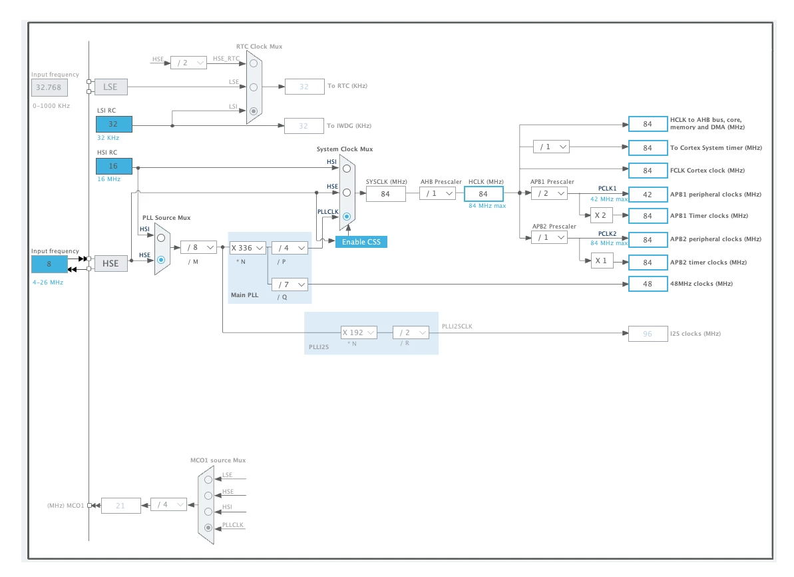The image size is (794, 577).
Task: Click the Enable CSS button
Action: [x=361, y=242]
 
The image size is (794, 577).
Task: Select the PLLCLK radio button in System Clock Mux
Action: [x=347, y=217]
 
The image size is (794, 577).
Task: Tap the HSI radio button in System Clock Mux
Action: [x=347, y=169]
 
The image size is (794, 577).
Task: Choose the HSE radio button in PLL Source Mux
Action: [x=161, y=260]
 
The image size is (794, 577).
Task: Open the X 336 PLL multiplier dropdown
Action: [x=247, y=248]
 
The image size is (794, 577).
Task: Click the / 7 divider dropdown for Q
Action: [x=290, y=285]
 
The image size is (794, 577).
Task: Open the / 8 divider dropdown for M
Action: [x=198, y=247]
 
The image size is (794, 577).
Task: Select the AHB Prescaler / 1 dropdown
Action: [x=437, y=194]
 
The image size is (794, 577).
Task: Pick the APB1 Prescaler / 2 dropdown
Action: [x=550, y=194]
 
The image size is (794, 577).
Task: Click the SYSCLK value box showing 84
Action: [x=385, y=194]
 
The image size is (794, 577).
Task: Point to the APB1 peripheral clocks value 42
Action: [x=648, y=195]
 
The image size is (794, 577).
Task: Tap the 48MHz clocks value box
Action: [x=648, y=284]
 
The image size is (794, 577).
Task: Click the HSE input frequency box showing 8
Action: [x=49, y=264]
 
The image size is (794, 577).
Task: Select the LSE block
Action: [x=111, y=87]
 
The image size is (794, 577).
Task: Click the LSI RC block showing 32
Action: [x=114, y=124]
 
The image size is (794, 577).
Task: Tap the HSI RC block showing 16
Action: [x=114, y=167]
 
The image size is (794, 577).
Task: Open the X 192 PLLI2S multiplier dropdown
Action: [x=359, y=332]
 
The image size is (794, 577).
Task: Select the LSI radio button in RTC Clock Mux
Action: [x=254, y=111]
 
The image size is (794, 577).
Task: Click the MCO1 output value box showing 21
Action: [x=121, y=506]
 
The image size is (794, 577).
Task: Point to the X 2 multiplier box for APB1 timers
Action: [x=601, y=215]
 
